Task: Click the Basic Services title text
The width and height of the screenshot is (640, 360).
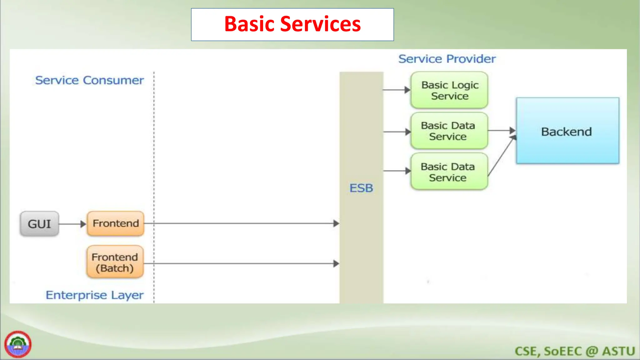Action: [292, 24]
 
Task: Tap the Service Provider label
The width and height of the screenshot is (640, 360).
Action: [447, 59]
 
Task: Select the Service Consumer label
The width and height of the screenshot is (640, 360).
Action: [90, 80]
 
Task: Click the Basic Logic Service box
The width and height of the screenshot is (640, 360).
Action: [449, 90]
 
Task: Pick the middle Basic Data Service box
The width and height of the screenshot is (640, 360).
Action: [449, 131]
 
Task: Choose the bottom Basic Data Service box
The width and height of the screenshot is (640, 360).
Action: [449, 172]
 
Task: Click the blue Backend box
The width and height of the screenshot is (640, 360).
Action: [567, 131]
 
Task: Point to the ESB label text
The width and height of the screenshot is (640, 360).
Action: [361, 188]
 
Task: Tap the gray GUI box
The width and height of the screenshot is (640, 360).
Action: [39, 224]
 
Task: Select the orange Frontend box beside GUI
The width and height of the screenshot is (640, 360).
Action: [116, 223]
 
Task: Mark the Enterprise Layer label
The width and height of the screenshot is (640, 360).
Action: [94, 295]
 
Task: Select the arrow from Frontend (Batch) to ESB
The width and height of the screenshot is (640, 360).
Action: [241, 263]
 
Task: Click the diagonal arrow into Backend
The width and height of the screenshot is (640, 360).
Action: [501, 156]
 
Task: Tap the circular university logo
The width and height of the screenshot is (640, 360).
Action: [18, 344]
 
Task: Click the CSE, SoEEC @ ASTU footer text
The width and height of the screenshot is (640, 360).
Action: [574, 351]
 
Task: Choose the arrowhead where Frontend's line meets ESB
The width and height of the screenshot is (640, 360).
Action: [336, 223]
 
